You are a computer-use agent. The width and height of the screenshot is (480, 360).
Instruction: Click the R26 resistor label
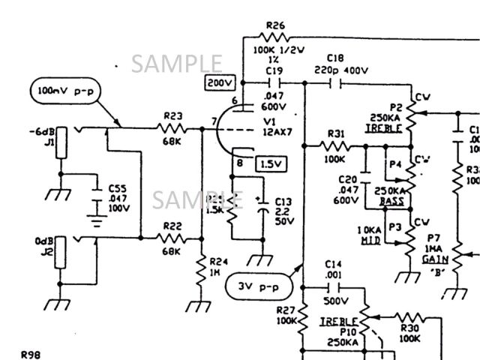click(275, 25)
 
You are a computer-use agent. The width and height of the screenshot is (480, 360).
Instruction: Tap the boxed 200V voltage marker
click(220, 82)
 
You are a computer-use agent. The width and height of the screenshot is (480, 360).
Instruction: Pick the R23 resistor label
click(173, 115)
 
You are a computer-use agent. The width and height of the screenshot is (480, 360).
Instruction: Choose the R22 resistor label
click(172, 225)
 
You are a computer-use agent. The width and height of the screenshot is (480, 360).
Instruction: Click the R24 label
click(218, 261)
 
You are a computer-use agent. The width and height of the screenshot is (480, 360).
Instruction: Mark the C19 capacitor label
click(274, 70)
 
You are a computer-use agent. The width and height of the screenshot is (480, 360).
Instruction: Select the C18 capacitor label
click(335, 58)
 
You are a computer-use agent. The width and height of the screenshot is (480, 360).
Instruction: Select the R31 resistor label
click(335, 134)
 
